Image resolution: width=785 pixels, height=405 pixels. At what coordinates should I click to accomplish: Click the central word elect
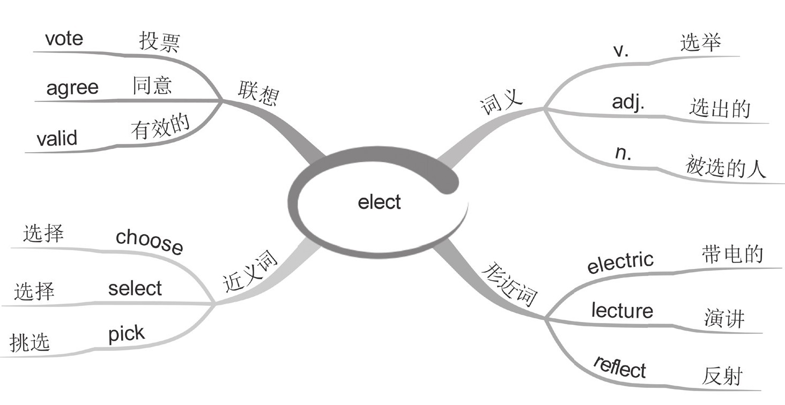coord(379,202)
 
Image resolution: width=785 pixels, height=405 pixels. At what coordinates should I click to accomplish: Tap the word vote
coord(64,39)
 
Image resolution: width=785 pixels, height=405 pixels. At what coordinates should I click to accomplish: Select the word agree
coord(72,87)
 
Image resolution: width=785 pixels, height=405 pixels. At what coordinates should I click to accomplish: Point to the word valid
coord(57,139)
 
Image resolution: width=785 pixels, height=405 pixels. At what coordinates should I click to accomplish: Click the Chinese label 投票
coord(159,42)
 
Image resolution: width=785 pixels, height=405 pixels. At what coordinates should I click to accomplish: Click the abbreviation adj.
coord(628,102)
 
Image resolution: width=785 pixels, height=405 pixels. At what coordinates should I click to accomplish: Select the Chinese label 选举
coord(700,42)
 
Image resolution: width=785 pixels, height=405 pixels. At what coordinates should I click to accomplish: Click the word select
coord(135,289)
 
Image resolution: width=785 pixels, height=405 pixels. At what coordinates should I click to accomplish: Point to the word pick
coord(127,334)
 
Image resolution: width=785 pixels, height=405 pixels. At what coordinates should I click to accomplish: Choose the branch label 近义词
coord(250,272)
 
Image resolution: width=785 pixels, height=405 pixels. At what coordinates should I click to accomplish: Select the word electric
coord(620,262)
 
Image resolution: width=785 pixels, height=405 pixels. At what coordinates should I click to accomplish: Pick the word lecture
coord(622,310)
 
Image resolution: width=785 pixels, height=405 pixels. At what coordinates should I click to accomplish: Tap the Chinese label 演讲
coord(724,319)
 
